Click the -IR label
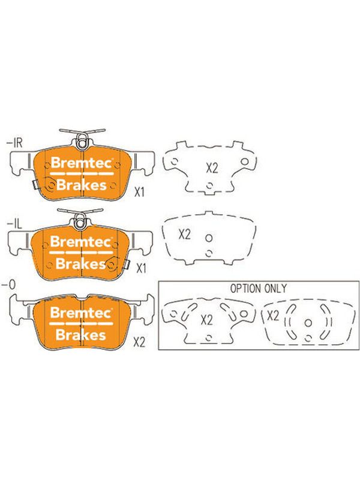coord(14,143)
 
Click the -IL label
coord(14,225)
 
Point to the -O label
coord(8,285)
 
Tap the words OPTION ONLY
coord(259,289)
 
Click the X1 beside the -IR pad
coord(139,192)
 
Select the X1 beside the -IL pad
coord(141,268)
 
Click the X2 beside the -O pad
coord(139,343)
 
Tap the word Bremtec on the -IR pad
coord(82,163)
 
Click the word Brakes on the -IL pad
coord(81,263)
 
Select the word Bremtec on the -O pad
coord(81,313)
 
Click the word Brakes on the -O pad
coord(81,335)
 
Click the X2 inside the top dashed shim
coord(212,168)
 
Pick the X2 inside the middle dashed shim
coord(185,235)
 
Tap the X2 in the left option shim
coord(207,320)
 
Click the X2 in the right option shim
coord(273,316)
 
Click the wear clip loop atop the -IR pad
coord(81,143)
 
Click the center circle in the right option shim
coord(308,323)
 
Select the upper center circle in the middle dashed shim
coord(209,238)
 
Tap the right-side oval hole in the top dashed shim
coord(245,161)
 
